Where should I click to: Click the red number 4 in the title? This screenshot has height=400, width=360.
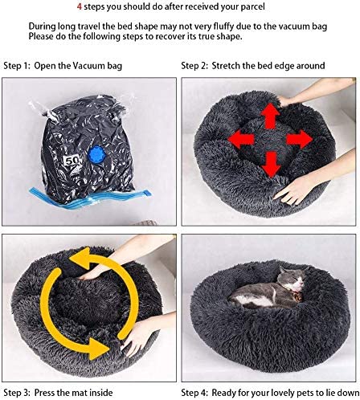pyautogui.click(x=80, y=6)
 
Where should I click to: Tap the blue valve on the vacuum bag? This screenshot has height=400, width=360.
pyautogui.click(x=96, y=154)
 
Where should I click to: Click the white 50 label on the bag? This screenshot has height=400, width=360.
pyautogui.click(x=72, y=161)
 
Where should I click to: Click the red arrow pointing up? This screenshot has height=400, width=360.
pyautogui.click(x=270, y=116)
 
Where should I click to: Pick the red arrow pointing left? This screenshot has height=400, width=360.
pyautogui.click(x=241, y=139)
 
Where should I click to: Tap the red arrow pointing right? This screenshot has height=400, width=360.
pyautogui.click(x=300, y=139)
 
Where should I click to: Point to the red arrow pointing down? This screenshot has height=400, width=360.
pyautogui.click(x=271, y=164)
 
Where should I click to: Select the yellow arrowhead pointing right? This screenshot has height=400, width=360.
pyautogui.click(x=99, y=349)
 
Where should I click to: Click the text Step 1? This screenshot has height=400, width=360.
pyautogui.click(x=17, y=66)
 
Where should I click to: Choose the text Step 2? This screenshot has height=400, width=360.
pyautogui.click(x=194, y=66)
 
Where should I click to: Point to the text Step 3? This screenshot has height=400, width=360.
pyautogui.click(x=17, y=393)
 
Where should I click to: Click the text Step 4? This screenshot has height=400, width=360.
pyautogui.click(x=194, y=393)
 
